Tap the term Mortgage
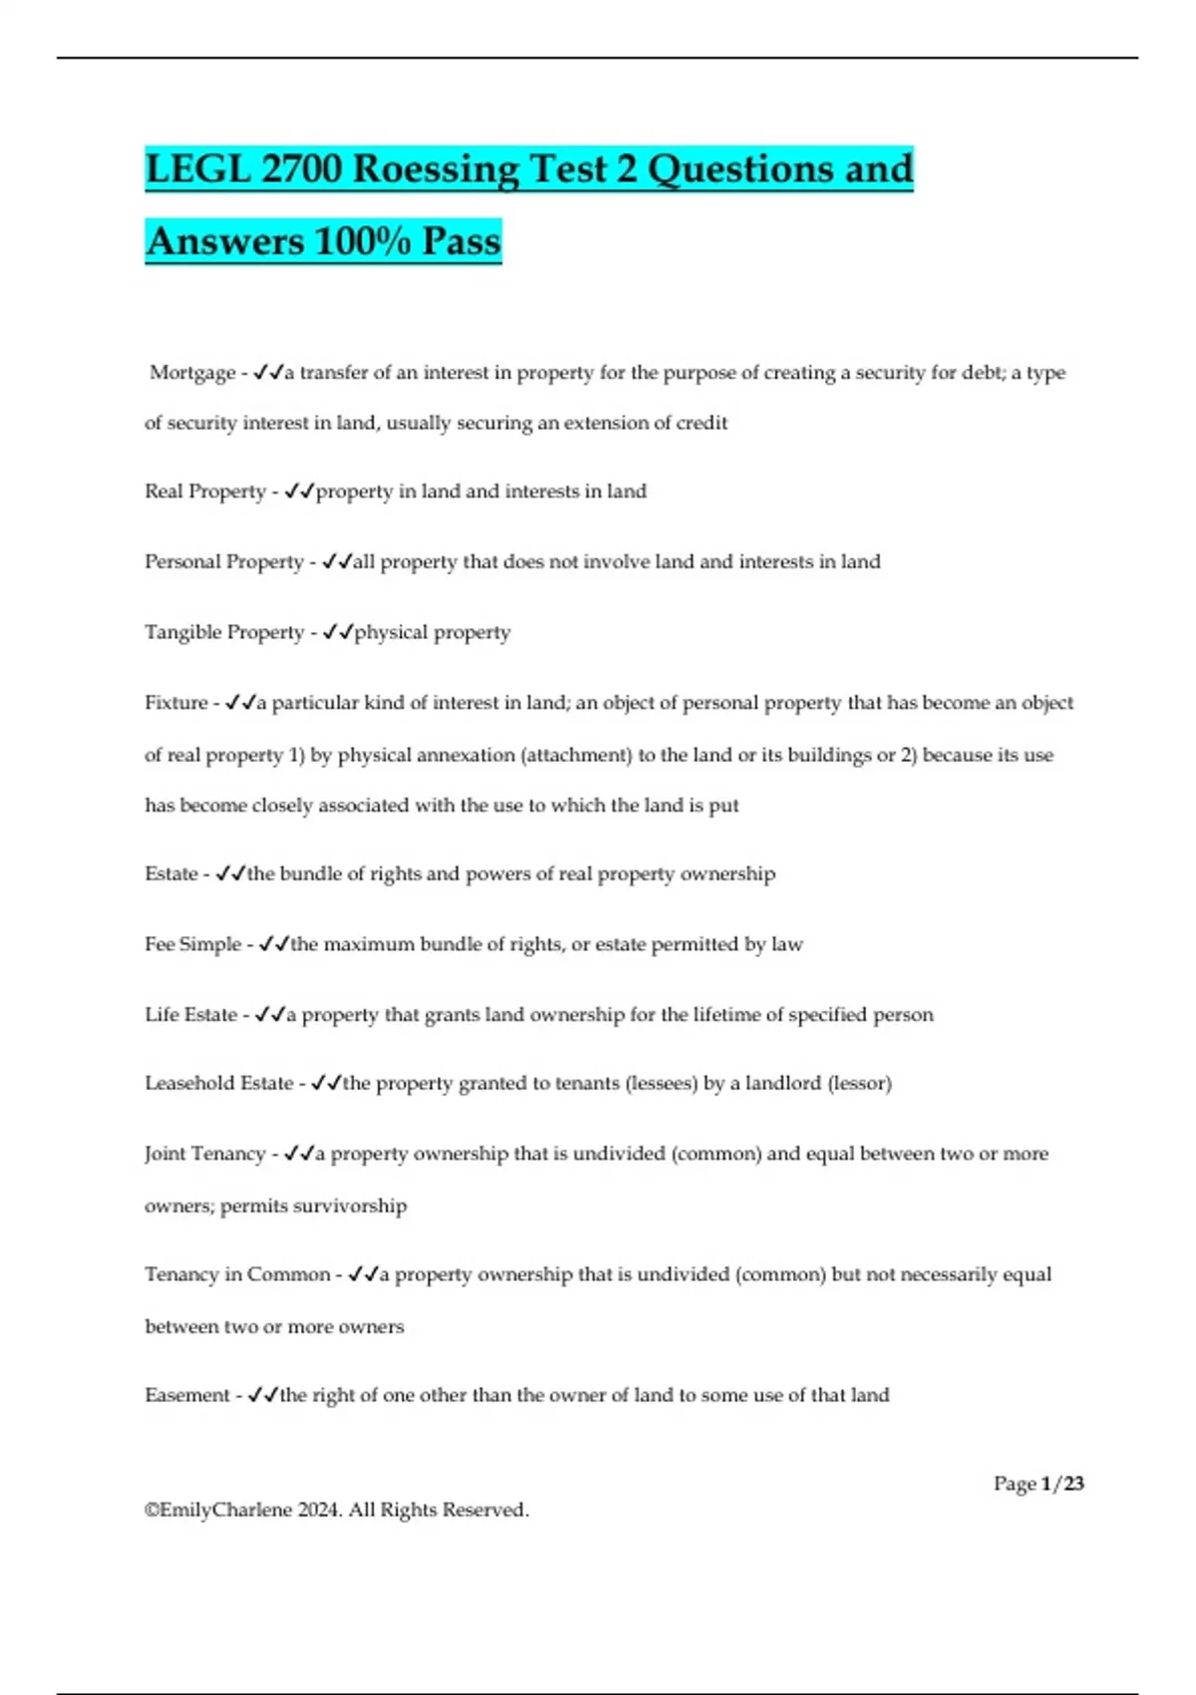click(x=192, y=373)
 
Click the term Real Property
click(x=205, y=492)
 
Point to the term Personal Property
click(x=224, y=562)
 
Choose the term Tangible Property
click(x=224, y=633)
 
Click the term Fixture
click(x=176, y=703)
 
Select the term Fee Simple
click(x=192, y=944)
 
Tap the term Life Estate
click(x=190, y=1015)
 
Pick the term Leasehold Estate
click(x=219, y=1084)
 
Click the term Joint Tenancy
click(x=205, y=1155)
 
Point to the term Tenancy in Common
click(x=237, y=1275)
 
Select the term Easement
click(x=187, y=1396)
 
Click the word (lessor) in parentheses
click(x=860, y=1084)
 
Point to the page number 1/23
click(x=1061, y=1485)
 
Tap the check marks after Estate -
click(x=231, y=874)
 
